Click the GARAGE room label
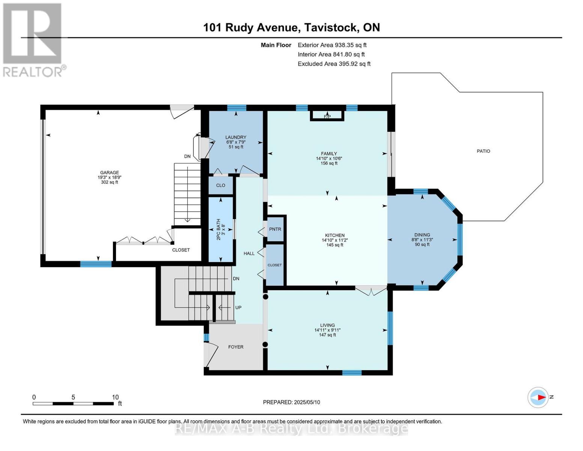coord(109,173)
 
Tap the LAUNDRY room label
coord(236,137)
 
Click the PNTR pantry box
coord(275,229)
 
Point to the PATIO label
coord(483,151)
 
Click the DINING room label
coord(422,235)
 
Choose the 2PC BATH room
coord(221,229)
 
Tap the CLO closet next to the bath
coord(221,185)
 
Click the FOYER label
coord(236,347)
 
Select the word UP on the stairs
coord(238,307)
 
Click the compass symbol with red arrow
coord(538,397)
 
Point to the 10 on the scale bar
coord(115,397)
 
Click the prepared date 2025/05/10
coord(306,402)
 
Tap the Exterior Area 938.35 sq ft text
coord(332,45)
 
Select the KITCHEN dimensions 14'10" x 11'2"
coord(334,240)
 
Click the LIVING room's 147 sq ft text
coord(327,335)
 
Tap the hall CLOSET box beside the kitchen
coord(274,265)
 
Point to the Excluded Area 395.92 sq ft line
coord(334,64)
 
